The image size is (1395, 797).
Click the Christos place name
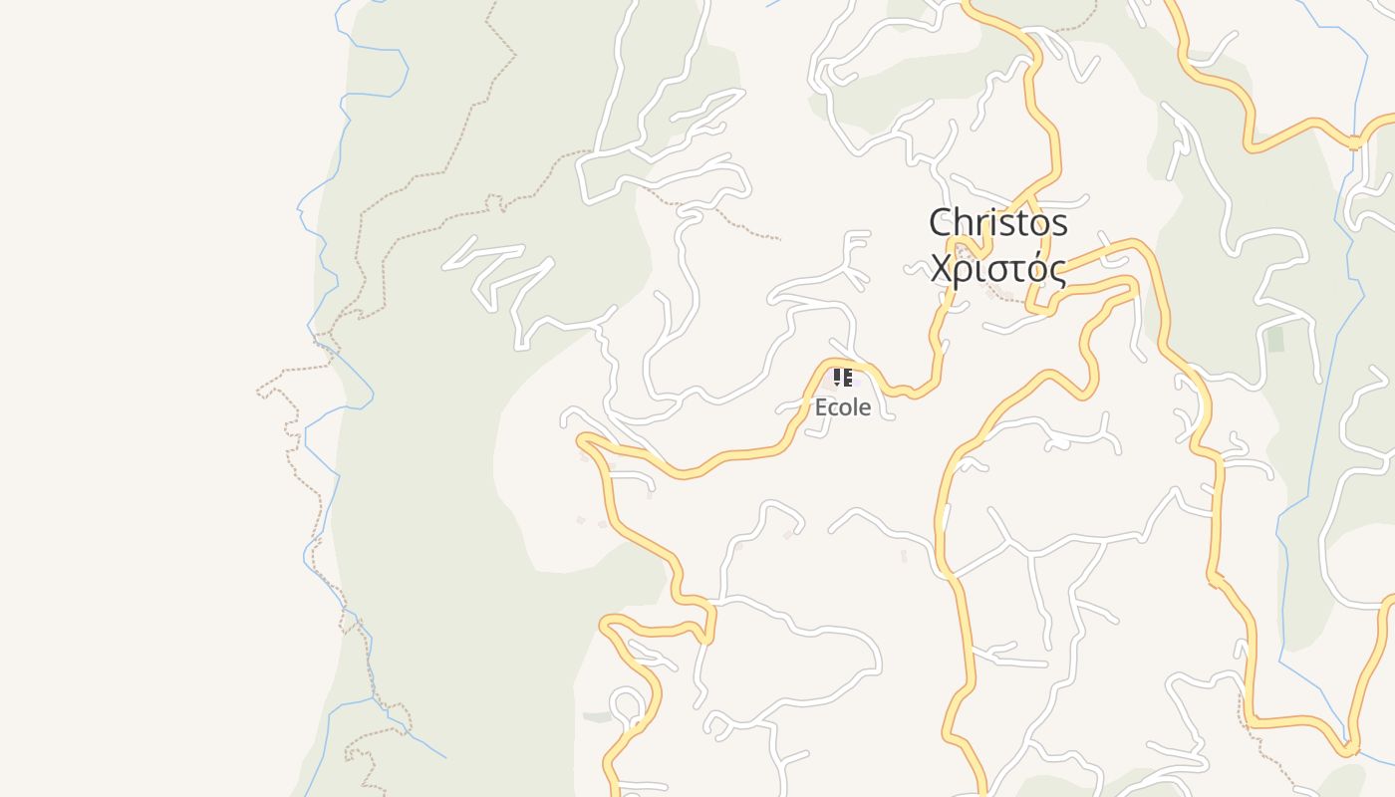(997, 223)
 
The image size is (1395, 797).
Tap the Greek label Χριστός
(997, 269)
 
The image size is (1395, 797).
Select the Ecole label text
(843, 407)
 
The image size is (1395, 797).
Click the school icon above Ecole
(843, 378)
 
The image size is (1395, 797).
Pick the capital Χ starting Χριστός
(942, 269)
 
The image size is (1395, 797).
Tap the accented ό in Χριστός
(1035, 268)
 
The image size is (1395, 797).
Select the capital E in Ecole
(821, 407)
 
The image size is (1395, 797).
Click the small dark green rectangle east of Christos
(1275, 339)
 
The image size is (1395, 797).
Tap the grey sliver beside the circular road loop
(597, 716)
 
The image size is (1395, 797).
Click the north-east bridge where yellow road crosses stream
(1354, 142)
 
